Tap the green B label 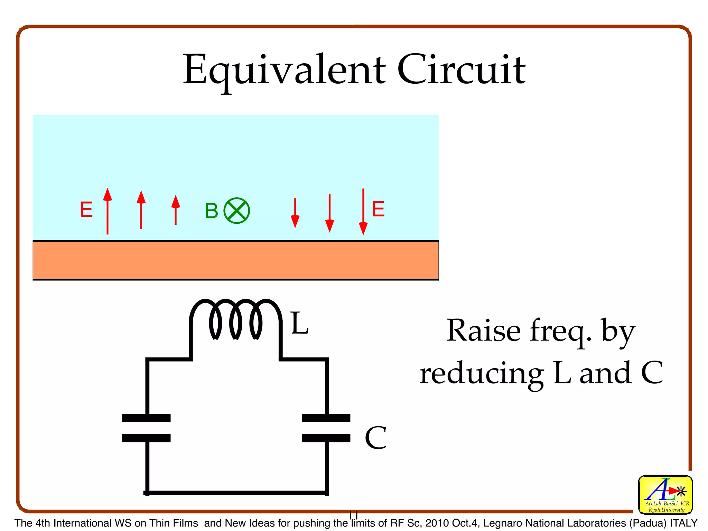211,211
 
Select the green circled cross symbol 237,211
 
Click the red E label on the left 86,210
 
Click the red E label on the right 378,209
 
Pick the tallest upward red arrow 108,211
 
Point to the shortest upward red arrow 176,210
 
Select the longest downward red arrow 363,212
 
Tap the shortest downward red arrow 295,213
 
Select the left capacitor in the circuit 146,428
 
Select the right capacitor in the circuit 326,428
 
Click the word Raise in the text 483,330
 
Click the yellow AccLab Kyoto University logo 665,495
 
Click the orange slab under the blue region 235,260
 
